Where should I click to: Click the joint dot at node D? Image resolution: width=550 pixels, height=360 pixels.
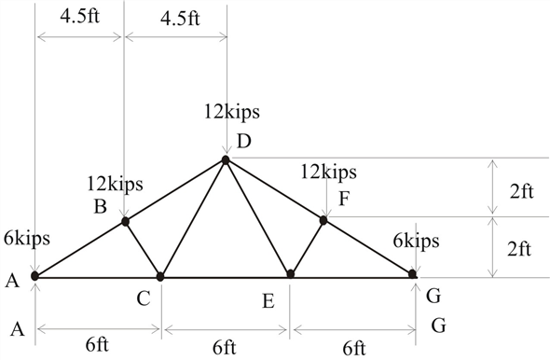click(x=225, y=160)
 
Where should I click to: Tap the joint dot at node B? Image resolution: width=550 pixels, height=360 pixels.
click(x=125, y=221)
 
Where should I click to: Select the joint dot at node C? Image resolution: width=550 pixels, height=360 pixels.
click(x=160, y=276)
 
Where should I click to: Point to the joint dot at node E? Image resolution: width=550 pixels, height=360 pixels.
click(x=291, y=274)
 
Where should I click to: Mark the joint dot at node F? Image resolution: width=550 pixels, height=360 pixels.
click(x=324, y=220)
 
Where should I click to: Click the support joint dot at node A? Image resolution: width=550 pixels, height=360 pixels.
click(x=34, y=275)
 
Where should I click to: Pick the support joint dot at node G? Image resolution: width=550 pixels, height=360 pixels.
click(x=412, y=274)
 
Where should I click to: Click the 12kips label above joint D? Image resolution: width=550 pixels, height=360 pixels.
click(x=231, y=112)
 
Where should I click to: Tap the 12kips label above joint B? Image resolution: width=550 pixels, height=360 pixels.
click(x=115, y=183)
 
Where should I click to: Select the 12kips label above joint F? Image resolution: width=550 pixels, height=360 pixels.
click(x=329, y=172)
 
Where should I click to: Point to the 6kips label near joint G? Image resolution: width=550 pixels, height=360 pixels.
click(x=415, y=241)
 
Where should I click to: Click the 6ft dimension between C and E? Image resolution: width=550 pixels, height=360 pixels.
click(x=224, y=348)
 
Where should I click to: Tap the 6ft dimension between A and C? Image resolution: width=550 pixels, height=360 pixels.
click(x=97, y=344)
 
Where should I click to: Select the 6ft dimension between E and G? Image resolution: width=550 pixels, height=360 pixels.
click(x=353, y=348)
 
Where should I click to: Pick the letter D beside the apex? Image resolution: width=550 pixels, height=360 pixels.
click(x=244, y=142)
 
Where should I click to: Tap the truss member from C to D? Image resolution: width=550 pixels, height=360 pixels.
click(x=193, y=218)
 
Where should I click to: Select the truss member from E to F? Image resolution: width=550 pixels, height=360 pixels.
click(x=308, y=247)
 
